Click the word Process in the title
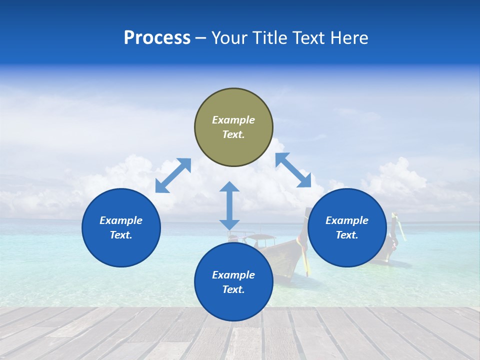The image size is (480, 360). coord(157,38)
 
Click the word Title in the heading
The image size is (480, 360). coord(268,38)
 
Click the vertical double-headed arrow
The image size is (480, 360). coord(229,205)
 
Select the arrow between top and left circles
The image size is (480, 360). coord(173,175)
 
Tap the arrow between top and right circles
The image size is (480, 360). coord(293,170)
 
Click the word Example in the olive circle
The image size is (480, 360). coord(233,120)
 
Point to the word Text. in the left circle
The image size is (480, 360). coord(121,235)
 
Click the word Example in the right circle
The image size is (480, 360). coord(347,220)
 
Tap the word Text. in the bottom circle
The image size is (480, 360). coord(233,289)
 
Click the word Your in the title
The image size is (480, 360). coord(228,38)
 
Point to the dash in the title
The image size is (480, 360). coord(201,38)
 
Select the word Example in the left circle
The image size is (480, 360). coord(121,220)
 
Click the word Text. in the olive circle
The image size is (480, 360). coord(233,134)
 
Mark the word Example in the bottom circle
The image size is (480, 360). coord(233,275)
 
